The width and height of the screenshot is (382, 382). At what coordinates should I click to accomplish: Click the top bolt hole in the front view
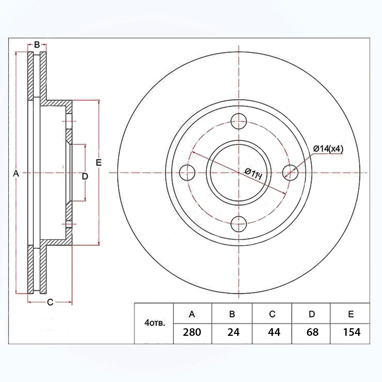coord(239,121)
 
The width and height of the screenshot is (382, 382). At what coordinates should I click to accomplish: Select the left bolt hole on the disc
coord(187,173)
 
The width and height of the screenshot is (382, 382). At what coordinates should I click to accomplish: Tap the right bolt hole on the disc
coord(290,173)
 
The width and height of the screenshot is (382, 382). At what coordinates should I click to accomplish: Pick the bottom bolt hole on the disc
coord(239,224)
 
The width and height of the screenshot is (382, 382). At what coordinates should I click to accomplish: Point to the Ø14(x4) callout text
coord(328,149)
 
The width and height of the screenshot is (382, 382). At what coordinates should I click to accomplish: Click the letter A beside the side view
coord(16,173)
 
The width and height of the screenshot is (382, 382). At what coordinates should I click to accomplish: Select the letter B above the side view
coord(37,45)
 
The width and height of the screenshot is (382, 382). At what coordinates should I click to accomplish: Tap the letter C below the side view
coord(50,302)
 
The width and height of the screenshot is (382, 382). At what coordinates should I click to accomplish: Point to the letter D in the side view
coord(85,176)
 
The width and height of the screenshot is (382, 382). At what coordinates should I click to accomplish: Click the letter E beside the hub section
coord(98,162)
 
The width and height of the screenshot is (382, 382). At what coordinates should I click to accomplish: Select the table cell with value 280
coord(192,332)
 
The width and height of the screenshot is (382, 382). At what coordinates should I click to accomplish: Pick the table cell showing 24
coord(234,332)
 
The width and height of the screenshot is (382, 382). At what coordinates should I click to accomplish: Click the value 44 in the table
coord(274,332)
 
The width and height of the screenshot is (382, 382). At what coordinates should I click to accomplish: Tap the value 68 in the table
coord(312,332)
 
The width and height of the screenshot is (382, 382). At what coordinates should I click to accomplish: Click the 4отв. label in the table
coord(155,323)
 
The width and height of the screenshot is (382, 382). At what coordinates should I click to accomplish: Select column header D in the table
coord(312,314)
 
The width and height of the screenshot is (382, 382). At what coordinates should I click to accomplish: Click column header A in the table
coord(192,314)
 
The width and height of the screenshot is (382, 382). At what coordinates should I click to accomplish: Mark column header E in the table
coord(351,314)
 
